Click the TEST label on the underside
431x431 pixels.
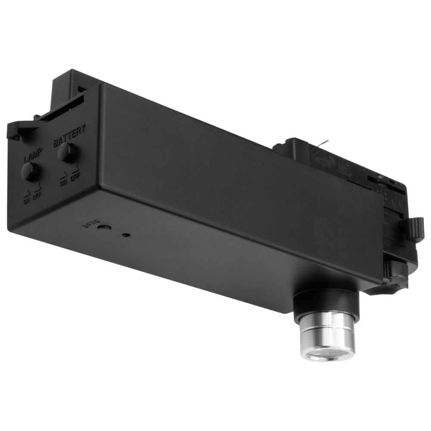tap(90, 224)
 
